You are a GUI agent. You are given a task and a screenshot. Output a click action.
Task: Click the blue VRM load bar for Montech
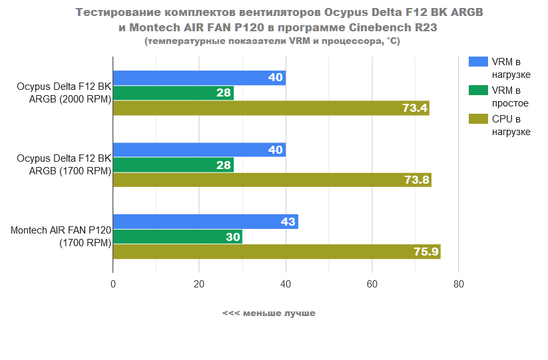tap(205, 222)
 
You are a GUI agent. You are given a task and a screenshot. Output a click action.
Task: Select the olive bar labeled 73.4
tap(270, 108)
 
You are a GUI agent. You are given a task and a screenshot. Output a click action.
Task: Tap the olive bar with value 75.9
tap(276, 252)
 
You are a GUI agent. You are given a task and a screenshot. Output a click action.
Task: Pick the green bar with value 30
tap(177, 237)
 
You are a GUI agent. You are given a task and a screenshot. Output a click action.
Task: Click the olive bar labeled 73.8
tap(272, 180)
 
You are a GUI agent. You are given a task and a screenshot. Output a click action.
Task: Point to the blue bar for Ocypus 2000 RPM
tap(199, 78)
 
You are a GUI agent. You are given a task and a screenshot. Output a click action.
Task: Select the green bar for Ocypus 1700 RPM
tap(173, 165)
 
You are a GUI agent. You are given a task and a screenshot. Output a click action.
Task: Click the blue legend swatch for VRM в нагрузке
tap(478, 62)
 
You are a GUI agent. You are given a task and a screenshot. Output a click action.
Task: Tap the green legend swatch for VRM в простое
tap(478, 90)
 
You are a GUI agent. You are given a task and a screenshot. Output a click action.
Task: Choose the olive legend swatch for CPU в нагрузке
tap(478, 119)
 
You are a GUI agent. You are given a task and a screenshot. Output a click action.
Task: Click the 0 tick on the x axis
tap(113, 285)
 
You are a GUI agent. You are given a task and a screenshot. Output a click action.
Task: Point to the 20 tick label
tap(199, 285)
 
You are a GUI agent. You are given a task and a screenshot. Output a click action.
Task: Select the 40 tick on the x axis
tap(286, 285)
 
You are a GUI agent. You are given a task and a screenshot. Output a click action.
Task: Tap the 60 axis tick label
tap(372, 285)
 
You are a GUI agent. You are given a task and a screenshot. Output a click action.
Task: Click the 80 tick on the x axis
tap(458, 285)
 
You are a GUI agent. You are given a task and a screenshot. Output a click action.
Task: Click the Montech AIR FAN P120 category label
tap(61, 237)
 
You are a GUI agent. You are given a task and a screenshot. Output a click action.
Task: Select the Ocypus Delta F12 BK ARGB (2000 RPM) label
tap(65, 93)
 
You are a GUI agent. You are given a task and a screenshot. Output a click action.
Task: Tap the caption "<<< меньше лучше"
tap(269, 313)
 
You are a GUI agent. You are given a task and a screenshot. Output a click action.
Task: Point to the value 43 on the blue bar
tap(288, 222)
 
